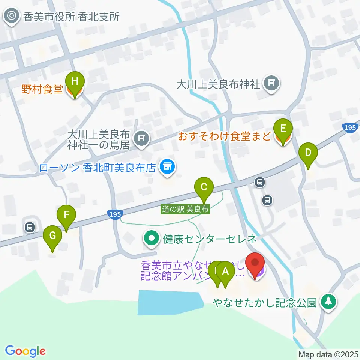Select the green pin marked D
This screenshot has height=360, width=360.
coord(308,153)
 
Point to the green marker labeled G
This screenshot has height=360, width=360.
coord(52,237)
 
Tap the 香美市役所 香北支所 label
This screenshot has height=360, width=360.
coord(71,17)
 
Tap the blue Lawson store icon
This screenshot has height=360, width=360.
coord(167,166)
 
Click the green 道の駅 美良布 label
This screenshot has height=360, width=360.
coord(186,208)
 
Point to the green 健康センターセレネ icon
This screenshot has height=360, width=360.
coord(151,238)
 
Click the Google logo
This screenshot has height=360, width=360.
coord(25,351)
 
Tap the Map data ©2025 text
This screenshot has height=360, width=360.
coord(328,354)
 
